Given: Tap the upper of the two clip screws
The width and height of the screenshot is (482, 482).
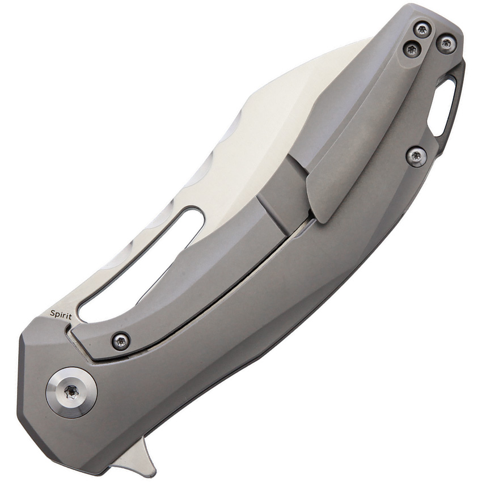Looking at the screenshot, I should (x=421, y=30).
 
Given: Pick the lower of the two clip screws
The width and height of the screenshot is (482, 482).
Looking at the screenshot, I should (x=411, y=50).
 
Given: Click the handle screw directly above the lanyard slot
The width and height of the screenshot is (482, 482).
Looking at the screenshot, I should (x=446, y=43).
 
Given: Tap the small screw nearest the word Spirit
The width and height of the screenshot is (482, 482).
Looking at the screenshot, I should (x=120, y=340).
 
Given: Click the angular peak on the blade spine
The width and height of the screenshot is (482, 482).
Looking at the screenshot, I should (x=253, y=102).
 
